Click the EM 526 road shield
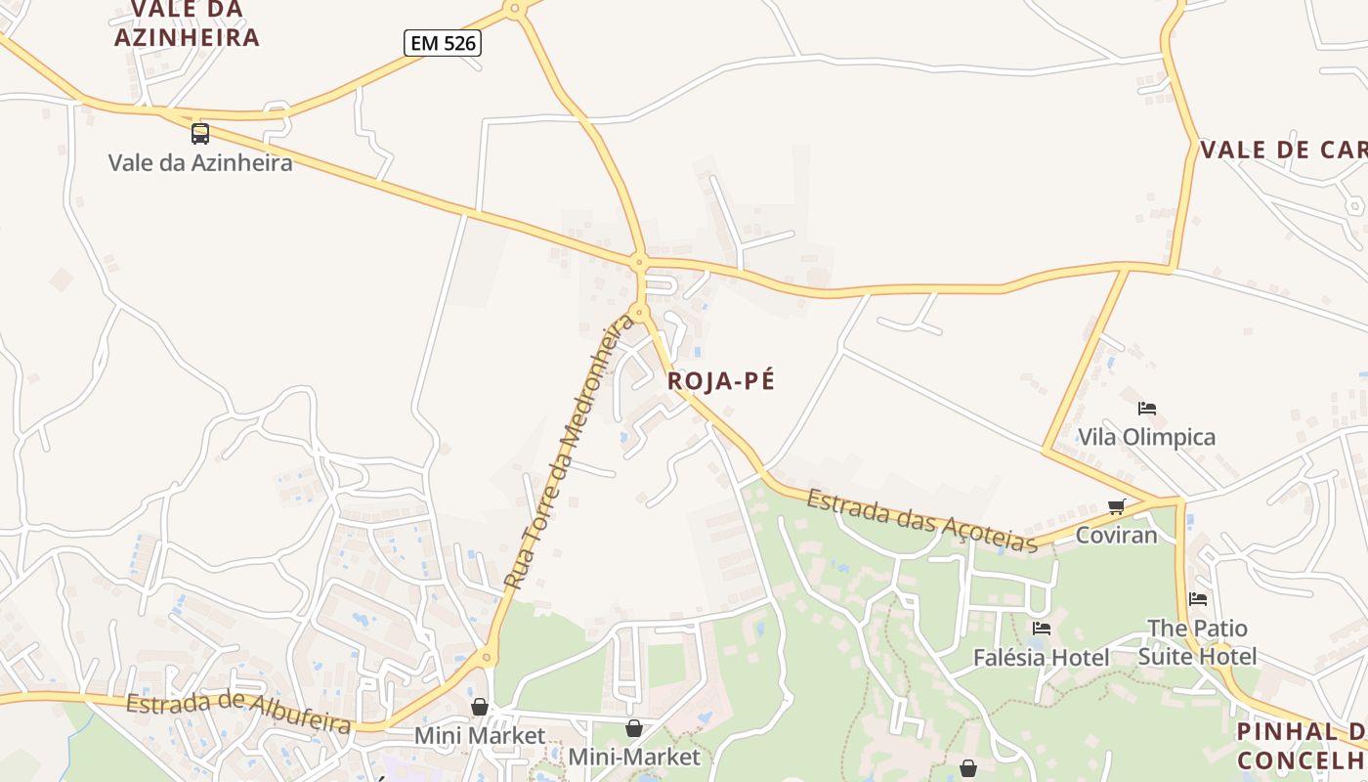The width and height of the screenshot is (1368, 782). coord(443,42)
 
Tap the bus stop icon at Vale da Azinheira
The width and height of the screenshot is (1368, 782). coord(199,134)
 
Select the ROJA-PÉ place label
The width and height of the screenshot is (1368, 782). coord(721,381)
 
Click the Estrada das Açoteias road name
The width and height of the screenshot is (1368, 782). coord(921,522)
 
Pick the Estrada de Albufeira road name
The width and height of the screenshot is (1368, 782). coord(238,714)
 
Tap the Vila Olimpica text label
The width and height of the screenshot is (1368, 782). coord(1146,437)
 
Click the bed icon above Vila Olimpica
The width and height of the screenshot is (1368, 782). coord(1147,409)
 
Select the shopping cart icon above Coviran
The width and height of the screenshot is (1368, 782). coord(1117,506)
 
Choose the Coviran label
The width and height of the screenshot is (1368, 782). coord(1116,535)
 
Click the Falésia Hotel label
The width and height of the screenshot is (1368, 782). coord(1041,658)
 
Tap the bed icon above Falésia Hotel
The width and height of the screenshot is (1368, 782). coord(1042,629)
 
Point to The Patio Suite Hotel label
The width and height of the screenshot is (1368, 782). coord(1197,641)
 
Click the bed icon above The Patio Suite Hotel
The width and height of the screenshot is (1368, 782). coord(1198,599)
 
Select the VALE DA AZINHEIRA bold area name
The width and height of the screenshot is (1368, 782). coord(187,24)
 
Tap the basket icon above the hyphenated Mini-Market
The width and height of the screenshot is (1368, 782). coord(634,728)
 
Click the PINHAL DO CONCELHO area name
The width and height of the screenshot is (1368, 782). coord(1302,745)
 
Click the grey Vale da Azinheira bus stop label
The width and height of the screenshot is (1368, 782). coord(199,162)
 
